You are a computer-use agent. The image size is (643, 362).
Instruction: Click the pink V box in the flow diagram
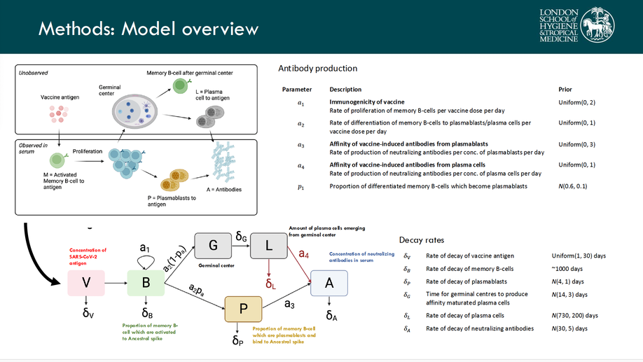(x=86, y=282)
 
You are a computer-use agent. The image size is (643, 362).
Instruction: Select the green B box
(x=145, y=282)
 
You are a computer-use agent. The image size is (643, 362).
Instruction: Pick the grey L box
(x=269, y=246)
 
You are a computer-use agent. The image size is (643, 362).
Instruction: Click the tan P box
(x=243, y=309)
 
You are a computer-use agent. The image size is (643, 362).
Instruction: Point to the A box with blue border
(x=329, y=283)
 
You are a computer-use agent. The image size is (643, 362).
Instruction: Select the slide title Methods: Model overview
(x=148, y=29)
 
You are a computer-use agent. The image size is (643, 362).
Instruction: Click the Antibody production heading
(x=317, y=69)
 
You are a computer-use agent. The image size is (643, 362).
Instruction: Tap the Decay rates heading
(x=421, y=240)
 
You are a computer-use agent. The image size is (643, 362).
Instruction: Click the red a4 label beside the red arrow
(x=304, y=254)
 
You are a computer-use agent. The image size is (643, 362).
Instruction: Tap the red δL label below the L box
(x=270, y=285)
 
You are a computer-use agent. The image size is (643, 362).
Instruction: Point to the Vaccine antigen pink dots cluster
(x=58, y=114)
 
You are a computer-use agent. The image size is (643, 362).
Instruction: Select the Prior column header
(x=565, y=90)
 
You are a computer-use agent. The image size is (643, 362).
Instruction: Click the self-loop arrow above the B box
(x=145, y=261)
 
